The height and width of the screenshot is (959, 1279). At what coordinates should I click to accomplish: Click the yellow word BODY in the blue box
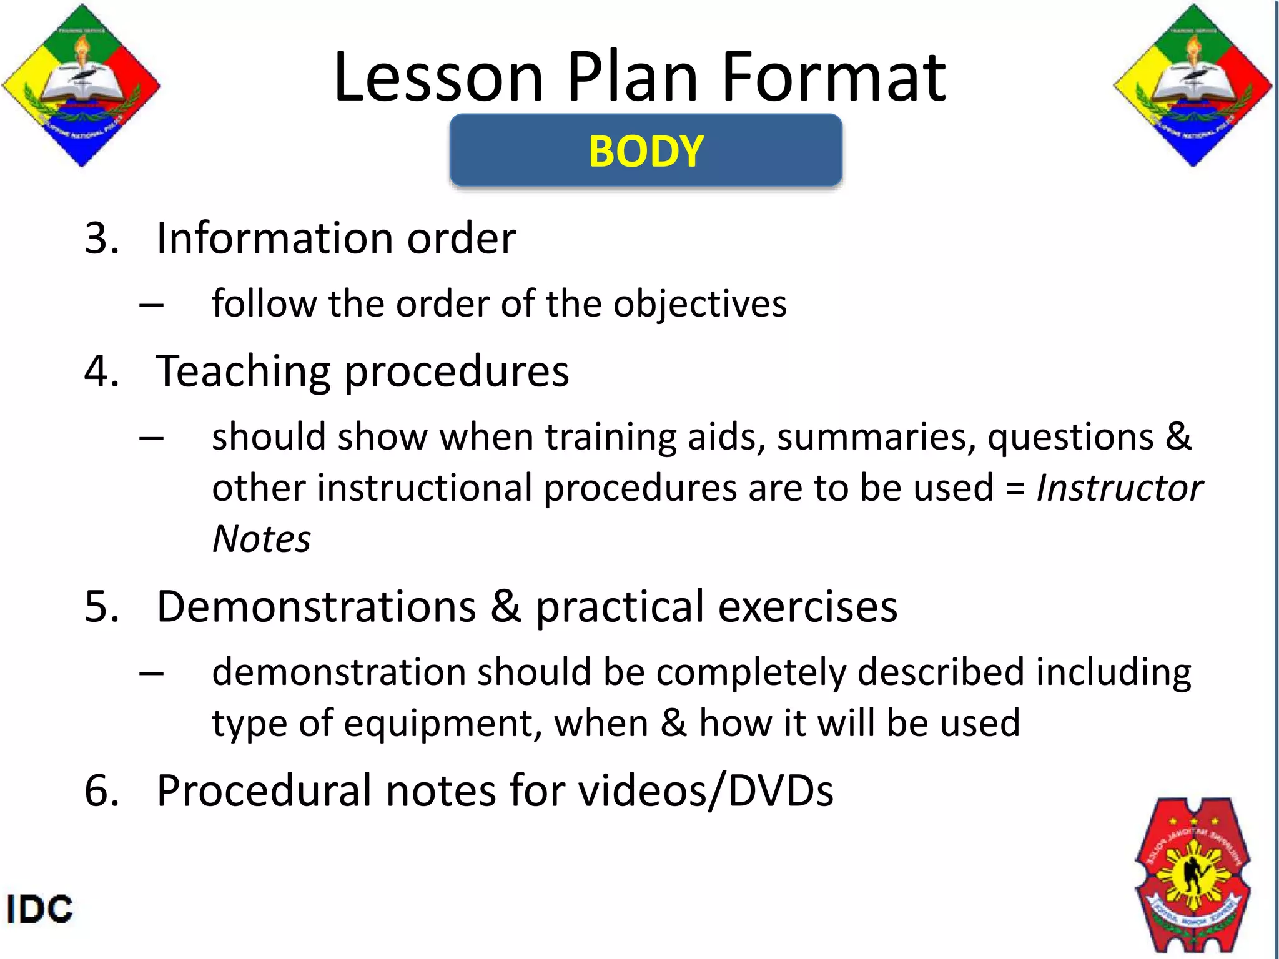click(646, 152)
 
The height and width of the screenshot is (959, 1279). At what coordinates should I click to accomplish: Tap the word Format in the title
click(834, 77)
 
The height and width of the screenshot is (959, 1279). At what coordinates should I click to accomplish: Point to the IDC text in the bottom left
click(40, 909)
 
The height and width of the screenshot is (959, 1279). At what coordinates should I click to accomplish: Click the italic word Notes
click(261, 539)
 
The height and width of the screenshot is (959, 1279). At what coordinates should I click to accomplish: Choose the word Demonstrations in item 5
click(316, 607)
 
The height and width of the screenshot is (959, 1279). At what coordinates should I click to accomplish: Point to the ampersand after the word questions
click(1178, 436)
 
